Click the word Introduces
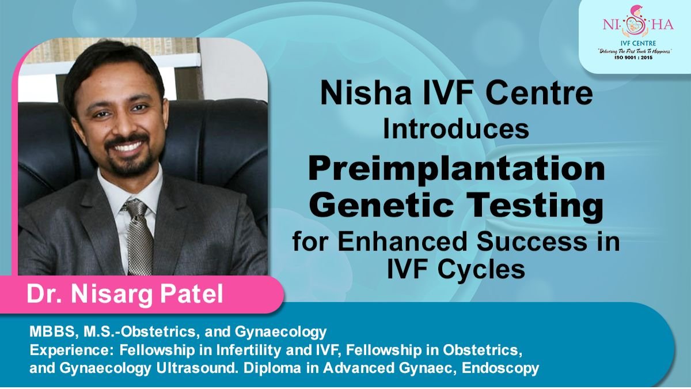456,130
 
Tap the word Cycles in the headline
489,270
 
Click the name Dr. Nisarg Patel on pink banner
124,294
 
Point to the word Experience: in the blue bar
64,350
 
